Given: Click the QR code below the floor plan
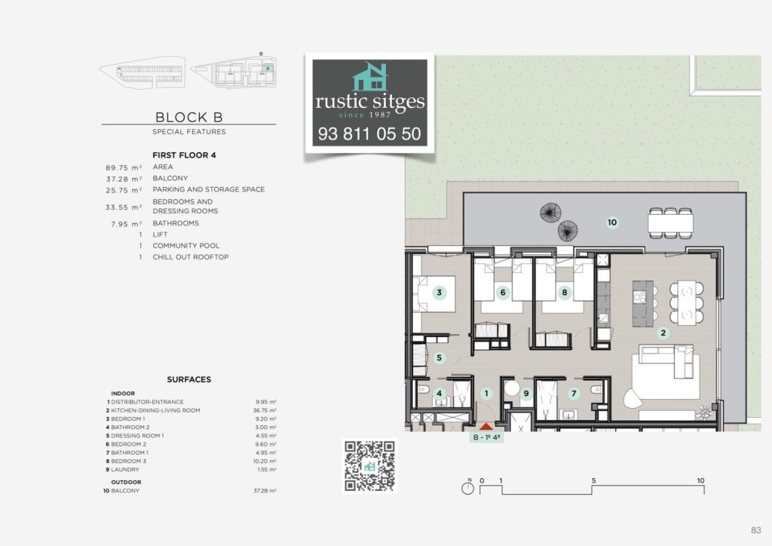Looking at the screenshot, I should pos(369,466).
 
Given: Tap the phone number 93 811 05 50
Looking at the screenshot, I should pos(369,135).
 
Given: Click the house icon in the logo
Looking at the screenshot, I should pos(369,78).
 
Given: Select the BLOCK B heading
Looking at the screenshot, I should pos(188,117).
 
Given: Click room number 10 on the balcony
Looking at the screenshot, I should pos(612,222).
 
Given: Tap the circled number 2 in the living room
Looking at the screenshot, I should pos(663,333).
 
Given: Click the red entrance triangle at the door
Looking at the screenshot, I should pos(486,427).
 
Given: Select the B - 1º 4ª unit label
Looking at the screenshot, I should pos(486,437).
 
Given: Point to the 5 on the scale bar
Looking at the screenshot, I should pos(593,480).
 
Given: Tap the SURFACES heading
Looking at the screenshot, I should pos(188,380).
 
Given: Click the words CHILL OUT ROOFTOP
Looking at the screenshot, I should pos(190,257).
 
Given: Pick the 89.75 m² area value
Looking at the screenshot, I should pos(125,167).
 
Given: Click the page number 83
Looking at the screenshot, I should pos(755,529).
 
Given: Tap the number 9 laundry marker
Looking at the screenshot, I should pos(526,393).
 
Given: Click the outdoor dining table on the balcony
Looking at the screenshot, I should pos(670,222).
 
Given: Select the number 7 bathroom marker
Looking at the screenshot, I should pos(574,393).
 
